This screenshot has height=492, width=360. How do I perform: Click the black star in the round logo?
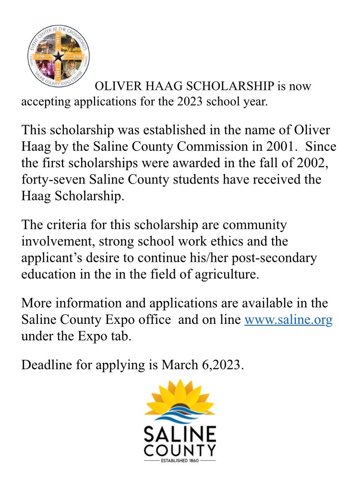click(x=58, y=57)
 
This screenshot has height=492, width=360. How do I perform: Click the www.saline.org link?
click(x=288, y=320)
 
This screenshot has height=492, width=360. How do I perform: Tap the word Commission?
click(x=212, y=146)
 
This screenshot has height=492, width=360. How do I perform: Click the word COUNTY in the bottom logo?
click(x=180, y=451)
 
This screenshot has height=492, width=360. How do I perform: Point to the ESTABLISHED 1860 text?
click(x=180, y=461)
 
